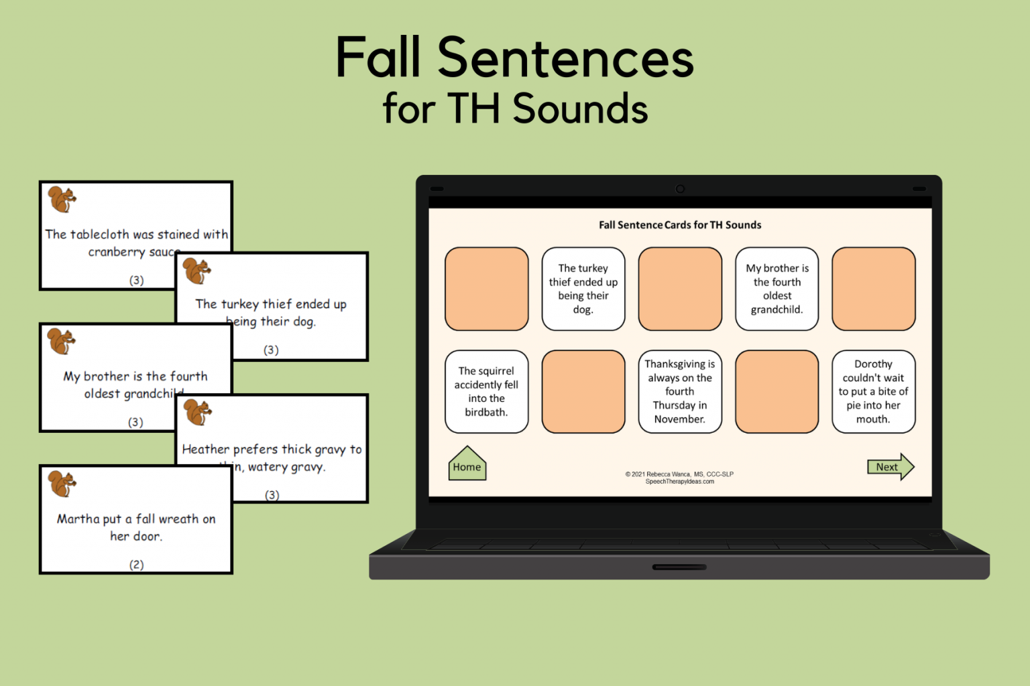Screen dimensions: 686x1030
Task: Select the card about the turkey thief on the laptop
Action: tap(583, 289)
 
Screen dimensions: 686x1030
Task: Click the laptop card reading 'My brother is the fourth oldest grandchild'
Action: tap(777, 289)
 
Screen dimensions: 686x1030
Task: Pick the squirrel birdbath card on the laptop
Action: tap(487, 392)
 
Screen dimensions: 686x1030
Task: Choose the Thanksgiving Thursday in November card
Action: tap(680, 392)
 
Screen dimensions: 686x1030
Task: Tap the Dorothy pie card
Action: tap(873, 392)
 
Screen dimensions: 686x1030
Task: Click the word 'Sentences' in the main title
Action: tap(565, 59)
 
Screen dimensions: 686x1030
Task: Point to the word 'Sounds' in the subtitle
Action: tap(581, 109)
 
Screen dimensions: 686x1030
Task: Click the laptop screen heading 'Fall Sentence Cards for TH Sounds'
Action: tap(680, 225)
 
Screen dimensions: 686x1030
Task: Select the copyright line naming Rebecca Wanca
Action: tap(679, 474)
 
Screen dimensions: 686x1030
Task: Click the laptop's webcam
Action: tap(680, 189)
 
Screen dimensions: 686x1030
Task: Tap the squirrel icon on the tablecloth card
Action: tap(62, 200)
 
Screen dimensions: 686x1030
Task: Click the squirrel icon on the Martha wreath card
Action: tap(62, 484)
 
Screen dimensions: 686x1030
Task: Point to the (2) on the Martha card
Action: tap(136, 565)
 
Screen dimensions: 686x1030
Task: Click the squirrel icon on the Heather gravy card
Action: tap(198, 413)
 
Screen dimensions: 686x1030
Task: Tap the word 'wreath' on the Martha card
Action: tap(178, 519)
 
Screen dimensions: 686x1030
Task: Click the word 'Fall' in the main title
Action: tap(378, 59)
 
